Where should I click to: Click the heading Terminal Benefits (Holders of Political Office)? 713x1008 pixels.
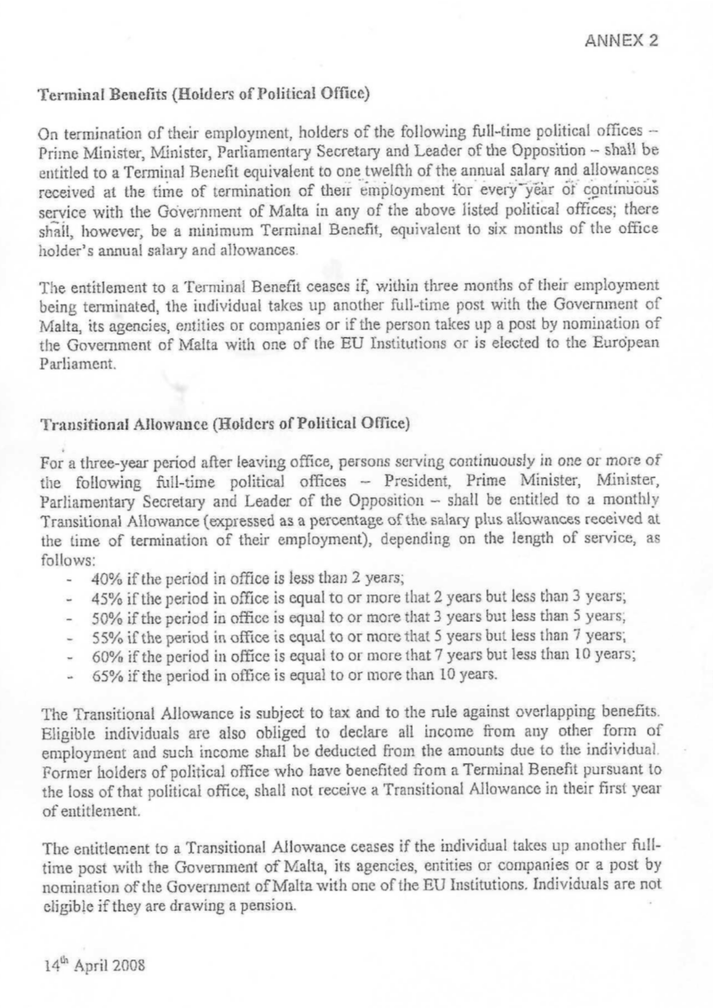(205, 95)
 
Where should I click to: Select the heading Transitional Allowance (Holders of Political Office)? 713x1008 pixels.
(223, 423)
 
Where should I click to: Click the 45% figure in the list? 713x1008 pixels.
(104, 598)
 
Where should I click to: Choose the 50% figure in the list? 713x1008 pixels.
(104, 617)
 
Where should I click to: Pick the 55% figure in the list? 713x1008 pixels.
(104, 637)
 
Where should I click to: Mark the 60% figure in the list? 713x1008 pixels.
(104, 657)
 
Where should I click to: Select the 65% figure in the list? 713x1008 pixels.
(104, 676)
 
